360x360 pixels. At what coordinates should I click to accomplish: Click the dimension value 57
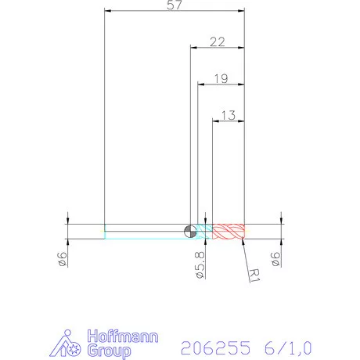click(175, 6)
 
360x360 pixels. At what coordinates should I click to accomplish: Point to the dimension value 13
click(229, 115)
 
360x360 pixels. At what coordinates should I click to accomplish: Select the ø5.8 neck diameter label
click(200, 266)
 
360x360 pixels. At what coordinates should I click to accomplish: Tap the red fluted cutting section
click(229, 231)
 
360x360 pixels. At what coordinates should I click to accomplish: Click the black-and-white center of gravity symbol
click(189, 231)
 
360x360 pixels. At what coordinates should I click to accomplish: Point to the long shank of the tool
click(145, 231)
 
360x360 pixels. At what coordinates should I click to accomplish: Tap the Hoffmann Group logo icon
click(71, 344)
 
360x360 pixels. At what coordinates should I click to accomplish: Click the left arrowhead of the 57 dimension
click(109, 11)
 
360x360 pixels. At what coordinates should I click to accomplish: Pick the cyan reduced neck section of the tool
click(203, 231)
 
